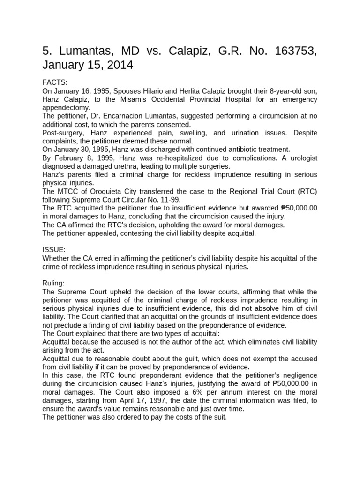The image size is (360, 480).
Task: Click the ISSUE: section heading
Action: (x=55, y=250)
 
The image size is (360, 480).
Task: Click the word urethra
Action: (x=120, y=166)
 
